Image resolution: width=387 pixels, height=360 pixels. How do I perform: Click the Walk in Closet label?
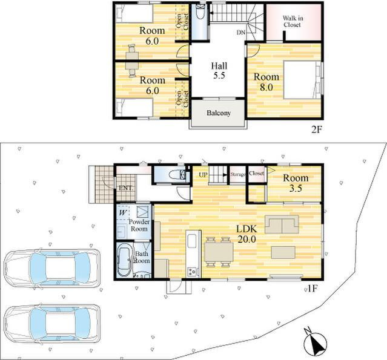coord(293,21)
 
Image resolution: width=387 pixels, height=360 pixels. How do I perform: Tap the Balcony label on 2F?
coord(219,113)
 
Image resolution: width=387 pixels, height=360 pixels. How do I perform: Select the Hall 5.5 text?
coord(219,71)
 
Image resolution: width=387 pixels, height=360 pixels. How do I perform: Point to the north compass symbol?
coord(316,342)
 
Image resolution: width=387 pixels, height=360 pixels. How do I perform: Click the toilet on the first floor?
coord(177,175)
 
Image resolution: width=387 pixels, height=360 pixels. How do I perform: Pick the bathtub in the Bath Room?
coord(124,261)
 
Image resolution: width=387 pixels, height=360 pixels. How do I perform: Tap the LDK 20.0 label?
coord(247,234)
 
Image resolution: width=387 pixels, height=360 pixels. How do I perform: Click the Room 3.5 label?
coord(296,183)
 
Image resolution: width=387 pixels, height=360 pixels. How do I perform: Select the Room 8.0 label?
coord(266,82)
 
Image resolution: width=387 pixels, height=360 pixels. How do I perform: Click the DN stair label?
coord(241,32)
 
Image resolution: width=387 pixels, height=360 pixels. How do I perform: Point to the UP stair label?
coord(203,175)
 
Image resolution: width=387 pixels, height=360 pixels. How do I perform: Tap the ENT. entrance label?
coord(126,188)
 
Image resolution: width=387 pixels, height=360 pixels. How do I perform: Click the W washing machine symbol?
coord(123,212)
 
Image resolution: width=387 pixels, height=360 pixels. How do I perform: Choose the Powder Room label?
coord(139,225)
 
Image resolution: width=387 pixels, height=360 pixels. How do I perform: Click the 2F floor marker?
coord(317,129)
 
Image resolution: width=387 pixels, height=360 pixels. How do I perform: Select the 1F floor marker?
coord(312,289)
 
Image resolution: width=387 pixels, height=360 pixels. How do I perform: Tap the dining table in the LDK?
coord(219,252)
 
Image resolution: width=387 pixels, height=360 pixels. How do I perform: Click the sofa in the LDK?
coord(282,224)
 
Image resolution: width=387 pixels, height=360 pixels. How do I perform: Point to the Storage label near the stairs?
coord(238,174)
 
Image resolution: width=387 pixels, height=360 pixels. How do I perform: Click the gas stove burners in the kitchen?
coord(192,272)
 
